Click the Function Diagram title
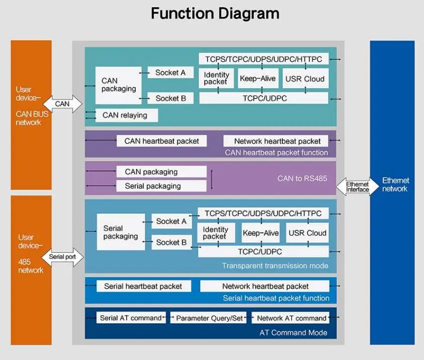click(x=215, y=14)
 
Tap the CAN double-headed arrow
click(x=62, y=104)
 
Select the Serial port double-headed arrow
click(x=62, y=257)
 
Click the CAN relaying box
click(x=126, y=115)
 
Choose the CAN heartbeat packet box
click(x=161, y=141)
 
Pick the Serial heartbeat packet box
click(x=143, y=286)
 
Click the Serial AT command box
click(x=131, y=318)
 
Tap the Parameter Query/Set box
click(x=209, y=318)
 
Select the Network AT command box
click(x=291, y=318)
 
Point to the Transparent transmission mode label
click(x=275, y=265)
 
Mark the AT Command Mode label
click(x=293, y=332)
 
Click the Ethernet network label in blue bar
click(x=395, y=185)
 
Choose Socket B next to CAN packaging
click(x=170, y=99)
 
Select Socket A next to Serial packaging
click(x=171, y=221)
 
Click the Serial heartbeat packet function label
click(x=276, y=298)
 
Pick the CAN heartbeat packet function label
click(x=276, y=152)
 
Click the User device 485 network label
click(x=31, y=253)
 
